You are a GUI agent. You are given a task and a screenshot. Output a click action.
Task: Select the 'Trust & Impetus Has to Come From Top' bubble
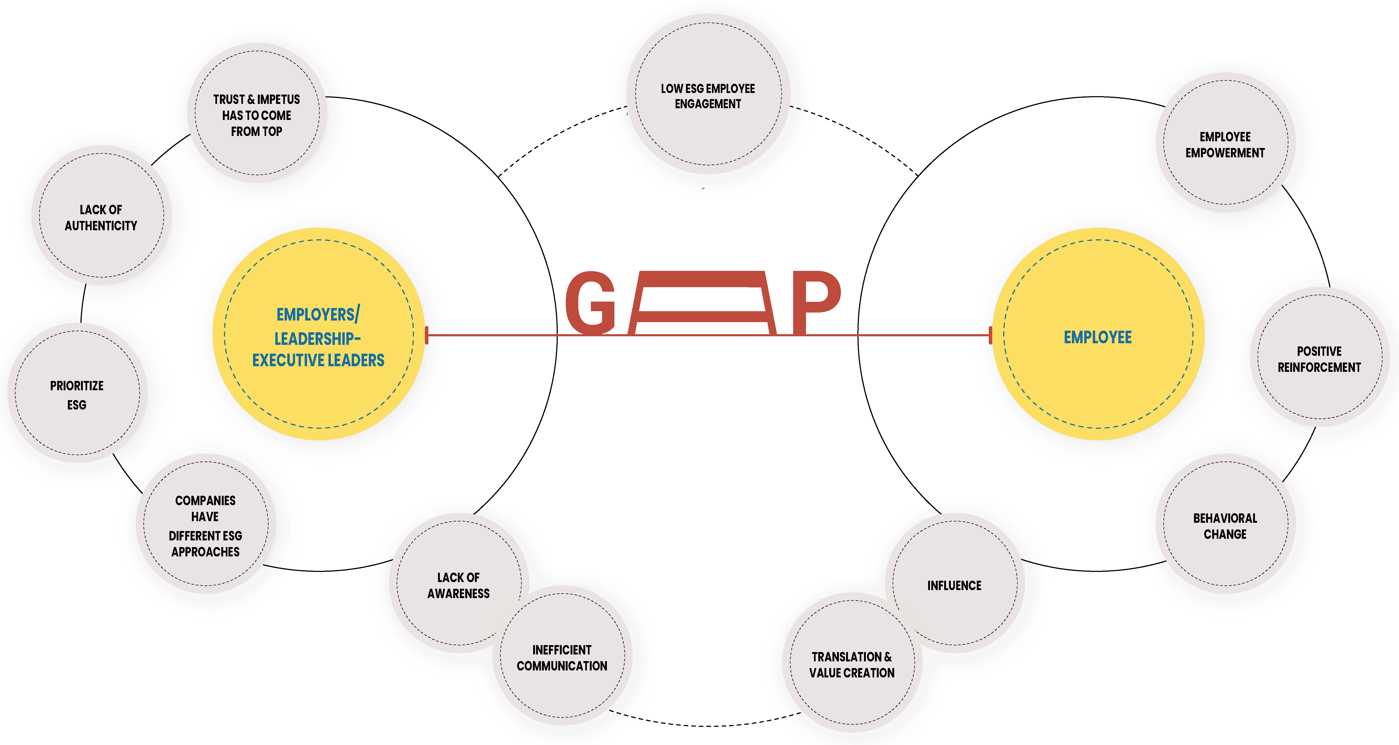(x=256, y=115)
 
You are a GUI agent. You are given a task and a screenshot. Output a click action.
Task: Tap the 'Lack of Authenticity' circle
(x=101, y=217)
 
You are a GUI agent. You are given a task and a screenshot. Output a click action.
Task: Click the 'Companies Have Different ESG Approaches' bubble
(x=205, y=526)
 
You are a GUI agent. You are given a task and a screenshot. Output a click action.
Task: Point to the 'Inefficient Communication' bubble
(x=562, y=658)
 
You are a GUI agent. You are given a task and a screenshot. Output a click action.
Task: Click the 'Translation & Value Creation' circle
(x=852, y=665)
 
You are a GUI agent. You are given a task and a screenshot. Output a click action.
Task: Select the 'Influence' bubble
(x=954, y=585)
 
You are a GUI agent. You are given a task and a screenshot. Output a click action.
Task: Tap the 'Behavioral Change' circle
(x=1225, y=526)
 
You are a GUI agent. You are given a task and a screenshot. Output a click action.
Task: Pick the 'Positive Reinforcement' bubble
(x=1319, y=359)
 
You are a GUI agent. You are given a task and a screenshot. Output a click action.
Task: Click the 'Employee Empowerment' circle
(x=1225, y=145)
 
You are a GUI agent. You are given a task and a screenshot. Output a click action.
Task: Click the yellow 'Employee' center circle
(x=1098, y=337)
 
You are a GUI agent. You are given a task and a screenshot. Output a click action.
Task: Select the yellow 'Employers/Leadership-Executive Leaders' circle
(x=318, y=337)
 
